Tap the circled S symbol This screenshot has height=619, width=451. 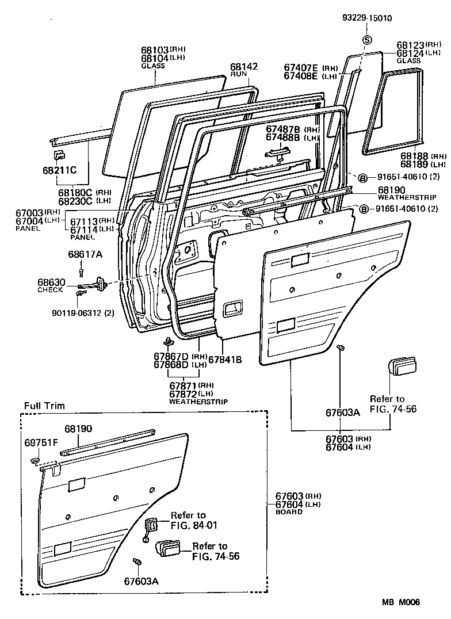tap(366, 40)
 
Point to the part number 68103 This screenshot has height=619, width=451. tap(154, 50)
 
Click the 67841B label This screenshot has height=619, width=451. tap(224, 360)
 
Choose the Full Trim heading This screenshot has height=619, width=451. tap(44, 406)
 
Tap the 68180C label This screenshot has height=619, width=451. tap(75, 192)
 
